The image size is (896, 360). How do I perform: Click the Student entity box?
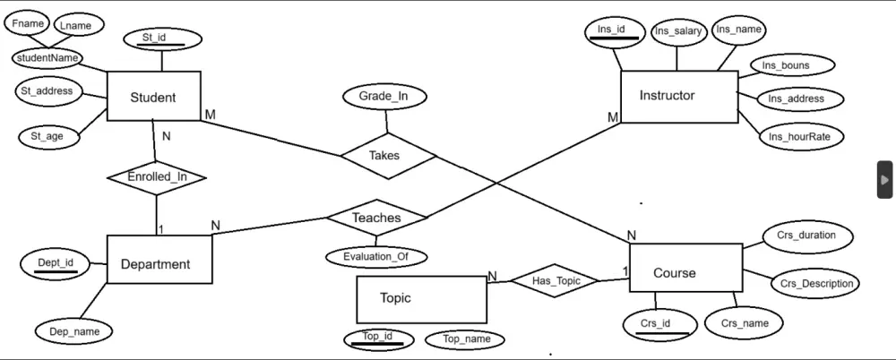[152, 97]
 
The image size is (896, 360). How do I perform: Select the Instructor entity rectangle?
[678, 95]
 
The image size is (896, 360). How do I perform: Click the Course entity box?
[685, 272]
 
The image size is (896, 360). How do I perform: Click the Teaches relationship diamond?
[376, 218]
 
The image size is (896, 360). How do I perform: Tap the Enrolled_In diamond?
[157, 176]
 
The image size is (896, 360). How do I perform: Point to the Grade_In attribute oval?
[382, 96]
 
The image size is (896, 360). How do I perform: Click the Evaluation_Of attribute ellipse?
[375, 257]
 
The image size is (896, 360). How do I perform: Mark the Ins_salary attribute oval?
[677, 31]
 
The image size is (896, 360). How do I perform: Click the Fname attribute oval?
[29, 23]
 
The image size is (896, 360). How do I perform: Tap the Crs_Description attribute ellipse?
[816, 284]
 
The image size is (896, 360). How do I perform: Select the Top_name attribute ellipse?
[466, 339]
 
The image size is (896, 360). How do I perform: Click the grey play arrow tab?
[884, 179]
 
